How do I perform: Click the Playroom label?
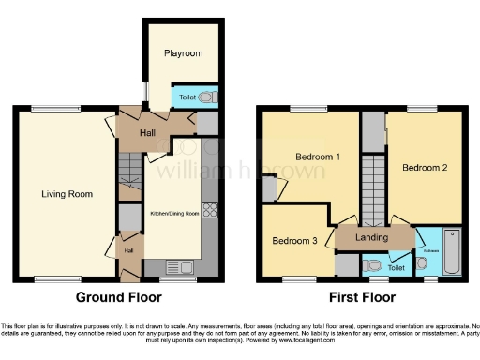tap(184, 53)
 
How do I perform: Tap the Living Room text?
tap(67, 194)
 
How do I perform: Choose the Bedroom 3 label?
tap(295, 241)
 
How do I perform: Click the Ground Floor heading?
tap(118, 297)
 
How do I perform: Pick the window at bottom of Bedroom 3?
tap(298, 278)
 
